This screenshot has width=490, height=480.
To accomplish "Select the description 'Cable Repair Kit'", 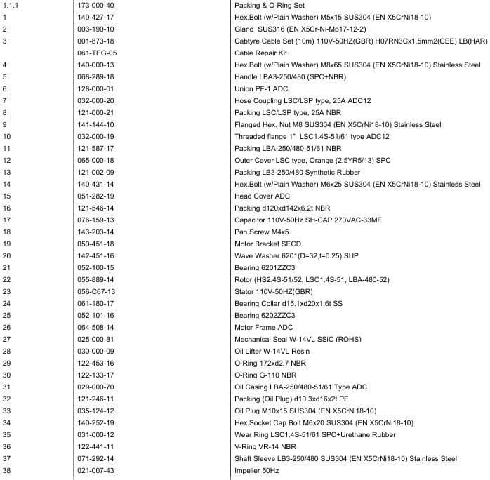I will (260, 53).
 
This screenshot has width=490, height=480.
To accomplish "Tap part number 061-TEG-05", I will (97, 53).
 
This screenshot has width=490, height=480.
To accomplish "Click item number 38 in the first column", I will (6, 470).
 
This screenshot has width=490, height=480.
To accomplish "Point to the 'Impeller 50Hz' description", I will (256, 470).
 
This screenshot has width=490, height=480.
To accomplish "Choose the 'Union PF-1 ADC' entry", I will (261, 88).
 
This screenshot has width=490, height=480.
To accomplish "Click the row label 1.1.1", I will (11, 5).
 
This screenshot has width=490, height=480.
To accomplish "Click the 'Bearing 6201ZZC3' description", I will (265, 267).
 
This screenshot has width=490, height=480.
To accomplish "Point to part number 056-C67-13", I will (96, 291).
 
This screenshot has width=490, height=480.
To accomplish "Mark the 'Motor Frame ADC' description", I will (263, 327).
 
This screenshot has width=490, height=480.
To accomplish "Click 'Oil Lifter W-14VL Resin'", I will (272, 351).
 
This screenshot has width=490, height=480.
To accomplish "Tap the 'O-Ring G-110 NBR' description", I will (265, 375).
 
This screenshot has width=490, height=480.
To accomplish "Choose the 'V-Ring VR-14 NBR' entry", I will (265, 446).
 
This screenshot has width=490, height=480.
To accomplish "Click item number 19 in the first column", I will (6, 244).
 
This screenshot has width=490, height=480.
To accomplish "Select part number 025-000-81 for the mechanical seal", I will (95, 339).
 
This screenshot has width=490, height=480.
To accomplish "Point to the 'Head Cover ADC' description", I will (262, 196).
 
